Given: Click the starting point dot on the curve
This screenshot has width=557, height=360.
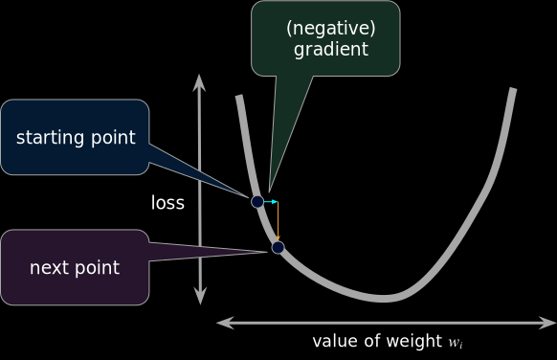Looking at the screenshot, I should click(x=257, y=201).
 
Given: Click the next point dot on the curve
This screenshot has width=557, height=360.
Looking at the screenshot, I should click(x=278, y=247).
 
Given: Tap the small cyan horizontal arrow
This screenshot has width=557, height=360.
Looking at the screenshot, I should click(x=270, y=202).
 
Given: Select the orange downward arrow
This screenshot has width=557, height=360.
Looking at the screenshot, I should click(x=278, y=222).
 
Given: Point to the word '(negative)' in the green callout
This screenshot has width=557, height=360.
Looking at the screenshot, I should click(x=330, y=28).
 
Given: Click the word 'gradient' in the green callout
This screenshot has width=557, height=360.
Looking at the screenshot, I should click(x=331, y=50).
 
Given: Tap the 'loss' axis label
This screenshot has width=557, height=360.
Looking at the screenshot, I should click(x=167, y=203).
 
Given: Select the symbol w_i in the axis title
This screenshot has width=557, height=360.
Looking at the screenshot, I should click(x=457, y=342).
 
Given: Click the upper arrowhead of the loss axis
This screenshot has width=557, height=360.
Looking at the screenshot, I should click(x=199, y=79).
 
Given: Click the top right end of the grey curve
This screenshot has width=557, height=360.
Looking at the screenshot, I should click(x=514, y=90).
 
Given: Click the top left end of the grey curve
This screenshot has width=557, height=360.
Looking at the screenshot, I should click(x=238, y=97).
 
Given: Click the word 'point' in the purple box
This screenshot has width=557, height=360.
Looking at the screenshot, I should click(x=98, y=268).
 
